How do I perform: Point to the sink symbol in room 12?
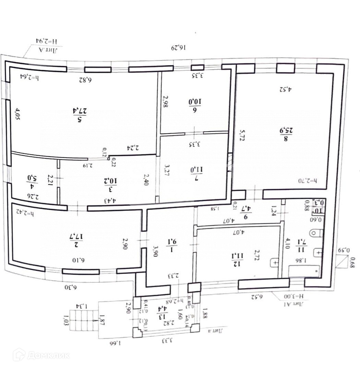(275, 263)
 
